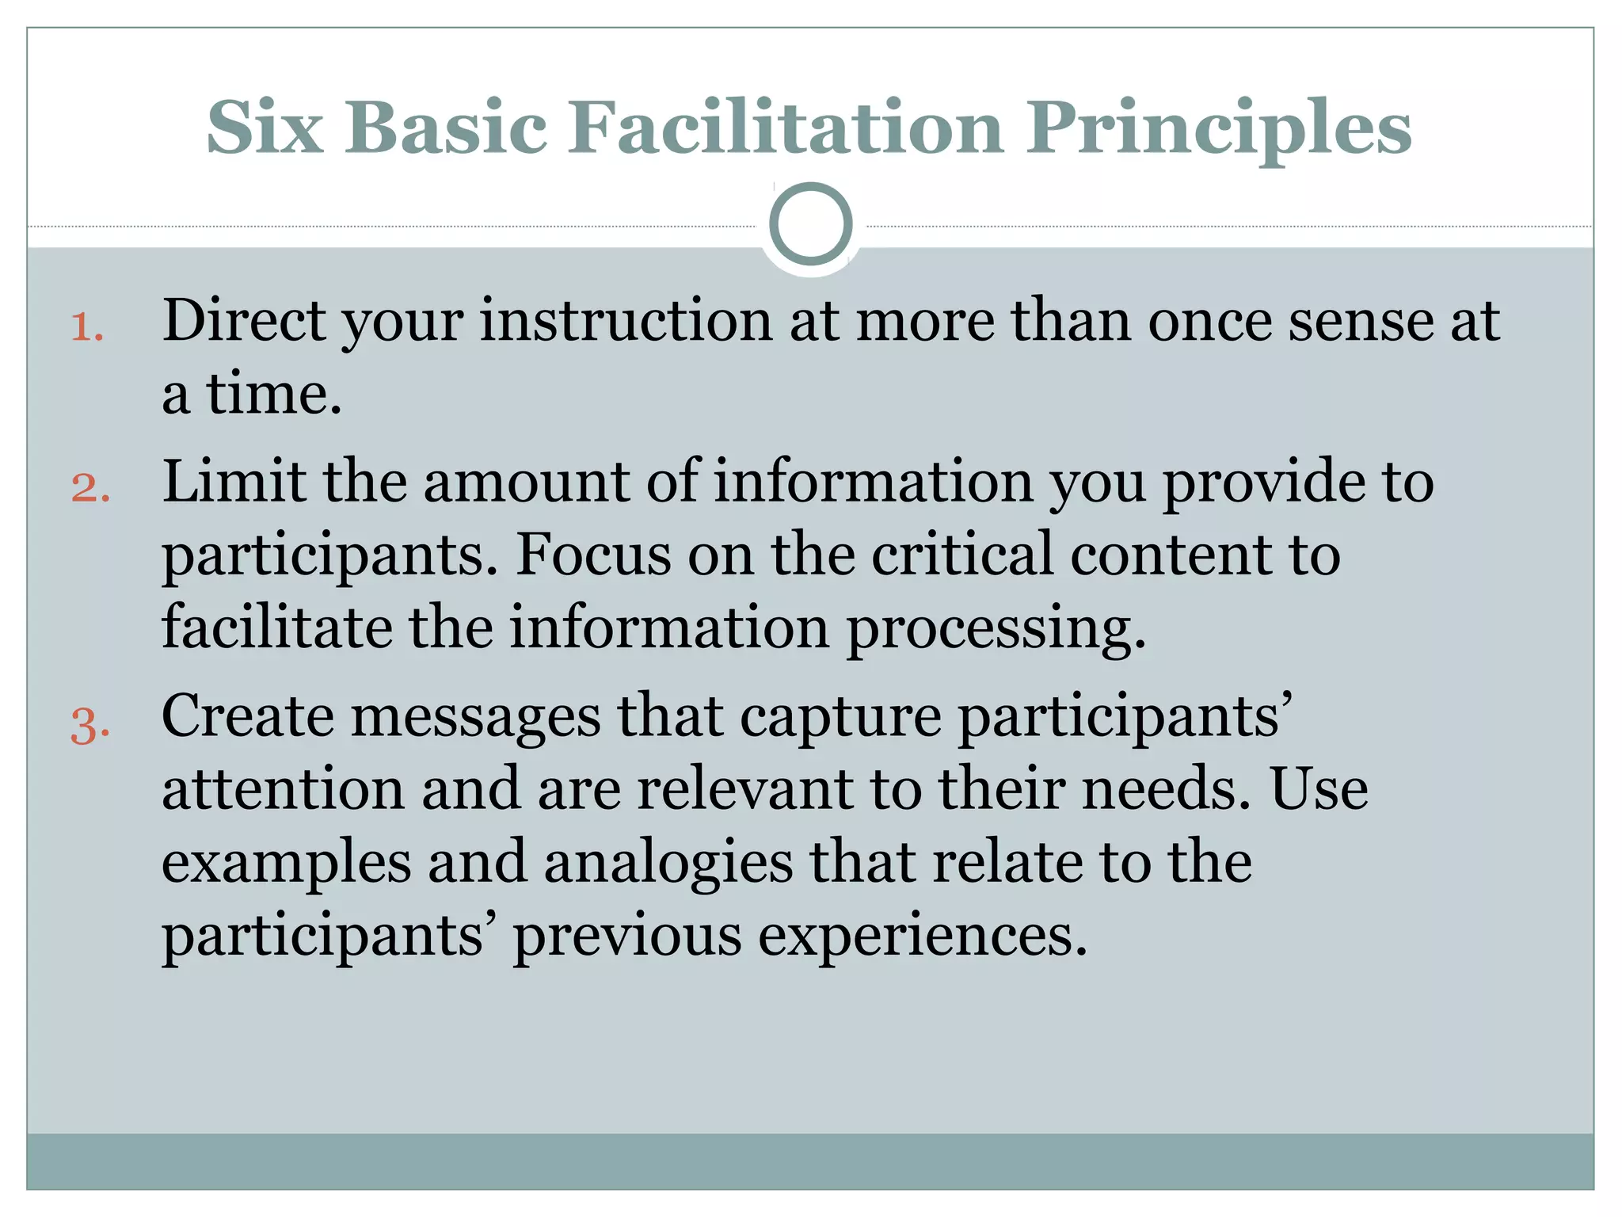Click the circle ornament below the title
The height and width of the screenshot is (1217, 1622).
pos(810,224)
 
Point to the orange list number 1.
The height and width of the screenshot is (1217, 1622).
pos(87,326)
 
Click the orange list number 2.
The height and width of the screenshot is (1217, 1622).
pos(90,486)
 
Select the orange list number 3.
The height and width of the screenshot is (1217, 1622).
pos(90,724)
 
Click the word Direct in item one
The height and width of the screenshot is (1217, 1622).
pos(243,320)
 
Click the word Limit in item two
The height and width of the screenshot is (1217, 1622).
pos(234,481)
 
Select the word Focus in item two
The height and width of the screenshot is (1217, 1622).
pos(593,554)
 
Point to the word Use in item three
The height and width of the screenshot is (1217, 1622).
pos(1319,789)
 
